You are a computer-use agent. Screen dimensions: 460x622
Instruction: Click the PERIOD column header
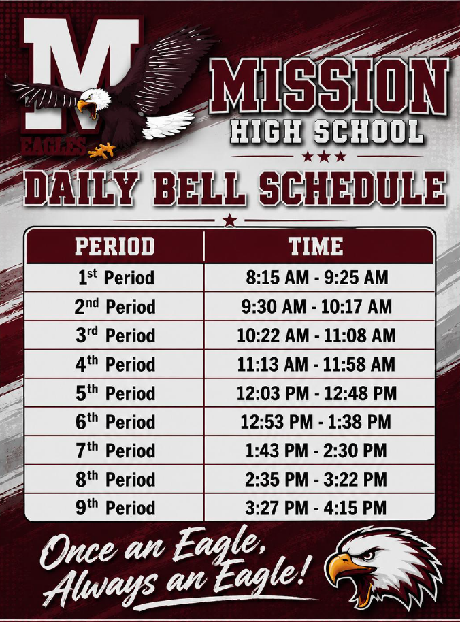(114, 246)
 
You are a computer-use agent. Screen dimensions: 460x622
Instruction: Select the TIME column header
(316, 246)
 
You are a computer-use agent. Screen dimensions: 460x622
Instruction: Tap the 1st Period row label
(116, 277)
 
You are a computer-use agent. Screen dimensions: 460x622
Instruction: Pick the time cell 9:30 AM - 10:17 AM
(316, 307)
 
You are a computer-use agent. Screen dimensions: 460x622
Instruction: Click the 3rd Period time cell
(316, 335)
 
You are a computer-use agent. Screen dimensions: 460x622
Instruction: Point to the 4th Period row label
(116, 364)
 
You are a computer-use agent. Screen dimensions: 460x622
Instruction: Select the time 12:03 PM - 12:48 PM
(316, 393)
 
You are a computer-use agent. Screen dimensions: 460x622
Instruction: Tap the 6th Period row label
(116, 422)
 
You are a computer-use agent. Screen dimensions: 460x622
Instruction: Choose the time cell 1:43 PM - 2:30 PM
(316, 451)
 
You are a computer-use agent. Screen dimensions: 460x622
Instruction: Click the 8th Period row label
(116, 479)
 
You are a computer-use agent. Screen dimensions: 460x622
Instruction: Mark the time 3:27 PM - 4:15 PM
(316, 508)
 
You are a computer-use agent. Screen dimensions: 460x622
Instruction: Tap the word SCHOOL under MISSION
(369, 132)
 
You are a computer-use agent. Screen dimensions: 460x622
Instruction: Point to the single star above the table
(229, 220)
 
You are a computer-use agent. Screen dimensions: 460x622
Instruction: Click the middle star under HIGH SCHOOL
(324, 157)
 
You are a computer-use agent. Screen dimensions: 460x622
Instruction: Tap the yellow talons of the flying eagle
(101, 150)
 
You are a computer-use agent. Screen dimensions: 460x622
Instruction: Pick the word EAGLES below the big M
(53, 146)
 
